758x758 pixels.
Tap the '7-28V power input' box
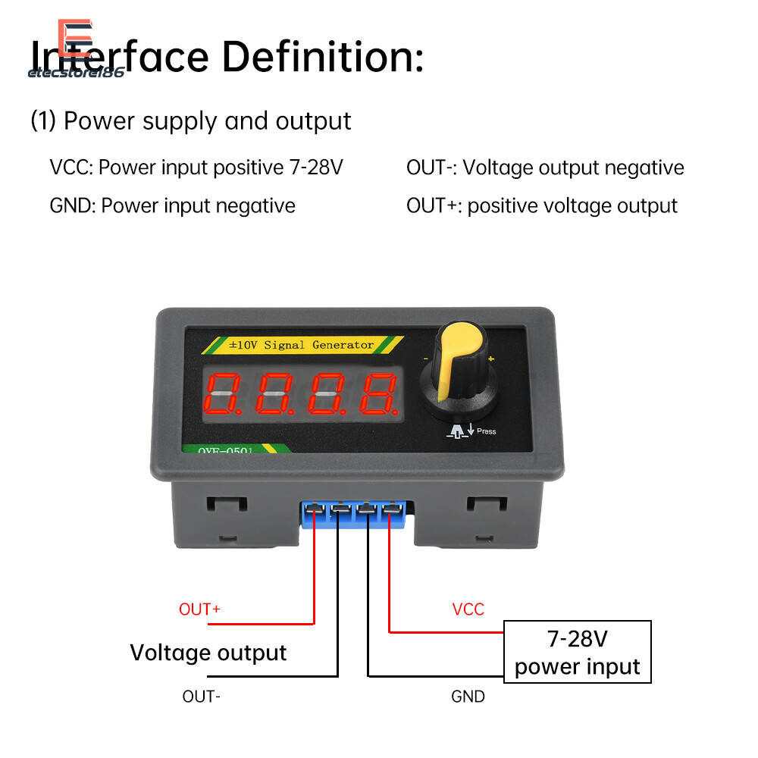pos(577,652)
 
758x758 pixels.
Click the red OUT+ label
pos(199,609)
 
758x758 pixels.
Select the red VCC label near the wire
pos(468,609)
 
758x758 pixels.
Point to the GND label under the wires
pos(468,696)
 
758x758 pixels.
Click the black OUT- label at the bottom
pos(202,696)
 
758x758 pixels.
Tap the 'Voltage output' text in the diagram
pos(208,653)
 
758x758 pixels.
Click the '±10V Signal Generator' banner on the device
pos(301,345)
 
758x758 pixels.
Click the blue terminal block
pos(352,515)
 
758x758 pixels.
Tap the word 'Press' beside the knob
pos(487,431)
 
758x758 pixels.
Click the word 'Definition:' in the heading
pos(322,58)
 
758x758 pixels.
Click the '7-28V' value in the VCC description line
pos(316,168)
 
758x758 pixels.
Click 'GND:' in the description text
pos(73,205)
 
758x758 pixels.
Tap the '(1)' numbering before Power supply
pos(43,121)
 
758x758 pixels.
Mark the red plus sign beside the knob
pos(491,359)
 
